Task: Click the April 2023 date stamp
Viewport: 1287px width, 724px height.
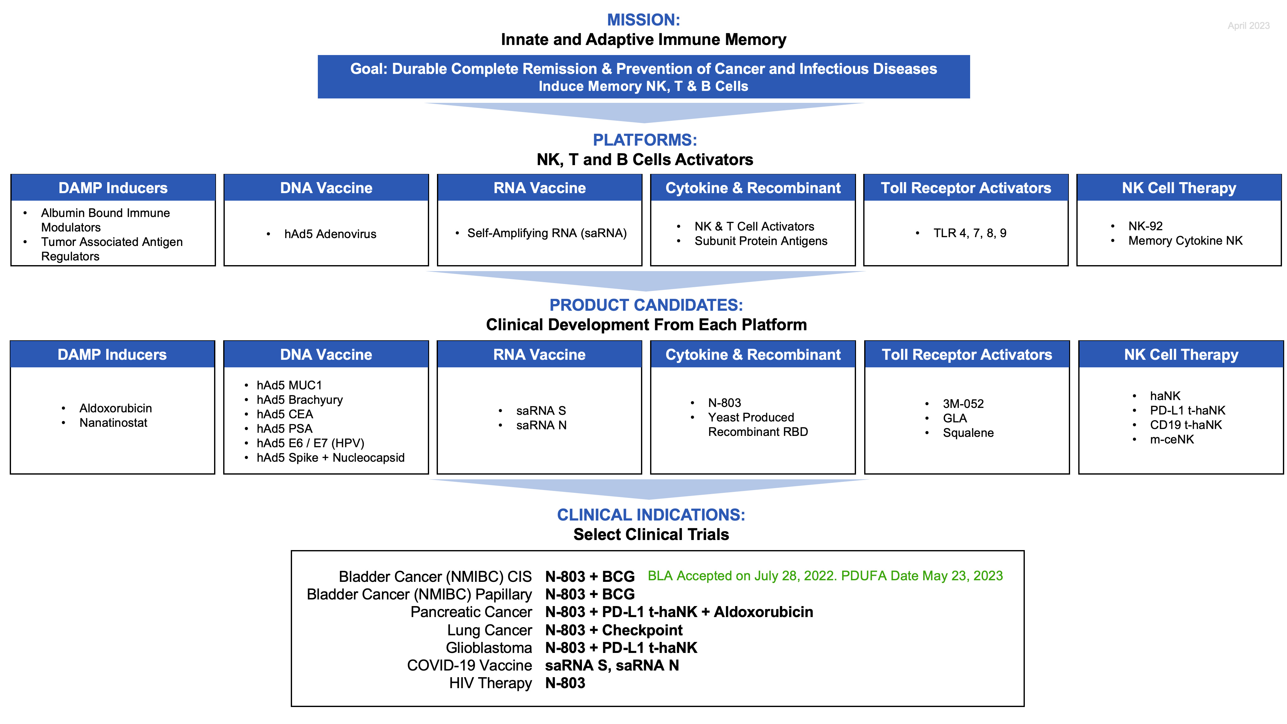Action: click(x=1248, y=25)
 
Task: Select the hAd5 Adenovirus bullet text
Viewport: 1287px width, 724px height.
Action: click(x=330, y=234)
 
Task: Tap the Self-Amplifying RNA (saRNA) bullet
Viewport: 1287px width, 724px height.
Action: click(x=547, y=233)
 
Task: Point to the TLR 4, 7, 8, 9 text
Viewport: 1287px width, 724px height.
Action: click(x=969, y=233)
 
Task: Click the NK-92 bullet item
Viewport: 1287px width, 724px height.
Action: click(x=1145, y=226)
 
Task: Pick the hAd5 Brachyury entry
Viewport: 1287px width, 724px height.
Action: click(x=299, y=400)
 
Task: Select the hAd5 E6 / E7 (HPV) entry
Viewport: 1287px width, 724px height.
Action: click(x=310, y=443)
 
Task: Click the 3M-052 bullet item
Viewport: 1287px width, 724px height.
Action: click(x=963, y=404)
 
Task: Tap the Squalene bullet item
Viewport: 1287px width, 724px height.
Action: click(x=968, y=433)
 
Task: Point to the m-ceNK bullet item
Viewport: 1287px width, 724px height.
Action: click(x=1172, y=439)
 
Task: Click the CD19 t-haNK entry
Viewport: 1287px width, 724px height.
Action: click(x=1185, y=425)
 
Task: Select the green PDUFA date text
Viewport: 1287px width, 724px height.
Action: click(x=825, y=576)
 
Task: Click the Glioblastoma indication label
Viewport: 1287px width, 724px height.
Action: click(x=489, y=648)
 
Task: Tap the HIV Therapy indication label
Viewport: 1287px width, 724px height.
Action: click(x=490, y=683)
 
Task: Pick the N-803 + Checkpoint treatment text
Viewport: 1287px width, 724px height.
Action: click(x=614, y=631)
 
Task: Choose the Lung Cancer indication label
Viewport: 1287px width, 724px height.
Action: click(x=489, y=631)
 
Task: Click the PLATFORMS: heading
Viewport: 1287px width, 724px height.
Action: click(x=644, y=140)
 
